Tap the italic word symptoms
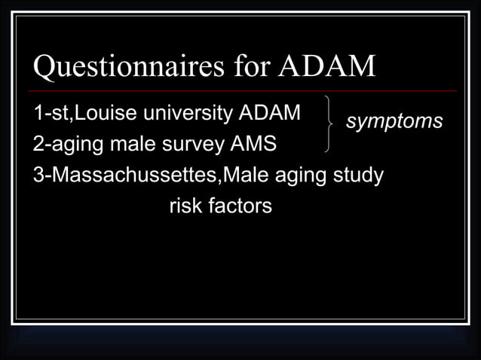pyautogui.click(x=394, y=121)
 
